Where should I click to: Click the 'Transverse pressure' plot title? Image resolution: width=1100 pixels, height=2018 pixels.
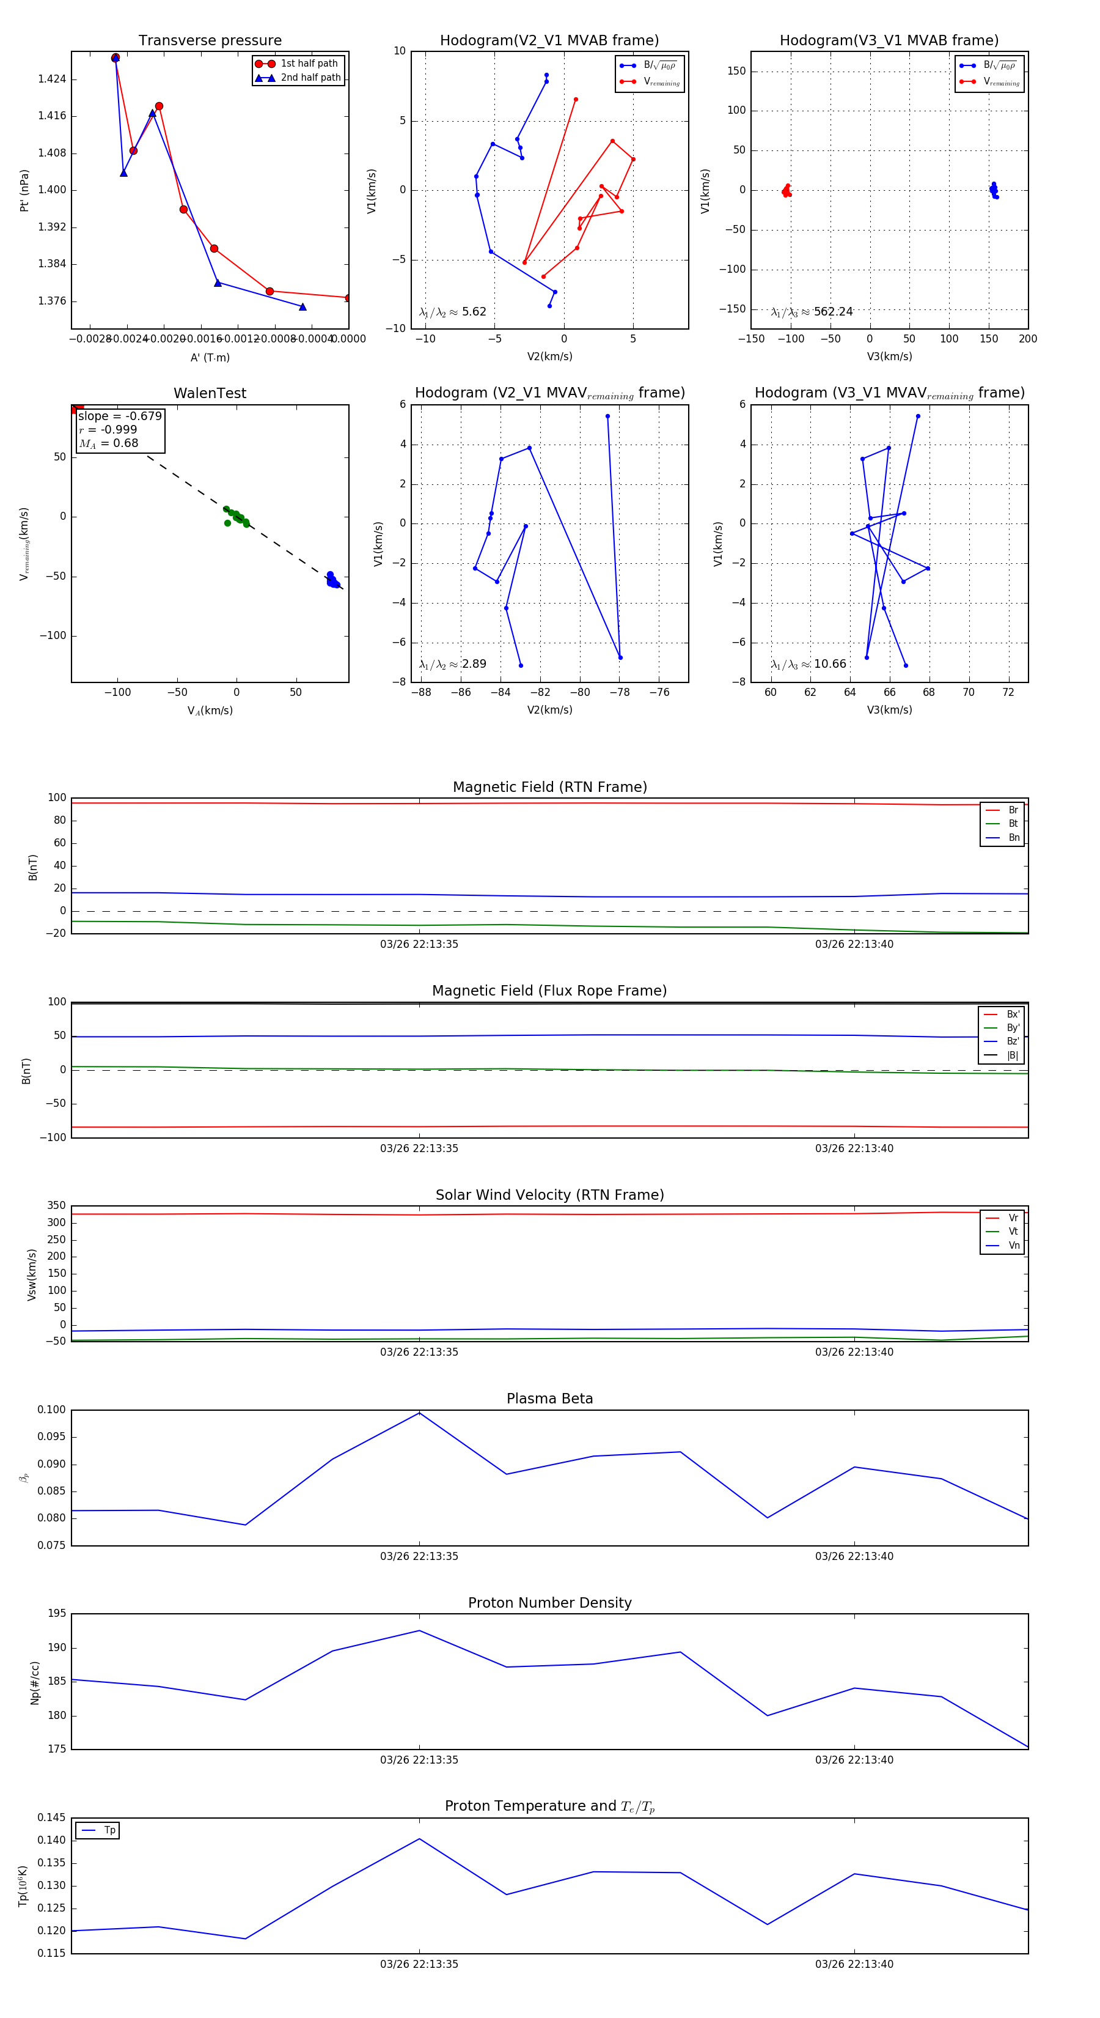(210, 41)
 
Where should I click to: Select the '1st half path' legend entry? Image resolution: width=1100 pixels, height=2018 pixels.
(309, 64)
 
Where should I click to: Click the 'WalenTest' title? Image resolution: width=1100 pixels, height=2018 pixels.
(210, 393)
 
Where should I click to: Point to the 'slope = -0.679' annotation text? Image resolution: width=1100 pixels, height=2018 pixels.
(120, 416)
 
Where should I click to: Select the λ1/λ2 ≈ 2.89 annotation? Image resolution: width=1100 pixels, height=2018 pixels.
(452, 664)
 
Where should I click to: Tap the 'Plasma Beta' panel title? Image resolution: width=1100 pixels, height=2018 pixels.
(549, 1399)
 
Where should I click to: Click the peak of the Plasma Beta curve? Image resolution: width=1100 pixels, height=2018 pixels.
(420, 1413)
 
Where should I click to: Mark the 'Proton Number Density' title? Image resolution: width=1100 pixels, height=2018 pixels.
(549, 1603)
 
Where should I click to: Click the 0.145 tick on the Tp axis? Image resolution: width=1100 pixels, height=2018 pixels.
(53, 1817)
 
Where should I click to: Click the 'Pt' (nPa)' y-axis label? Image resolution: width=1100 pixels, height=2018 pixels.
(24, 190)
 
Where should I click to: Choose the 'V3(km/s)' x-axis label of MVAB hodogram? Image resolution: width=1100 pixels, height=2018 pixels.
(889, 357)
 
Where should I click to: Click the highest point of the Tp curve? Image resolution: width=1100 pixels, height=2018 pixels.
(420, 1839)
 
